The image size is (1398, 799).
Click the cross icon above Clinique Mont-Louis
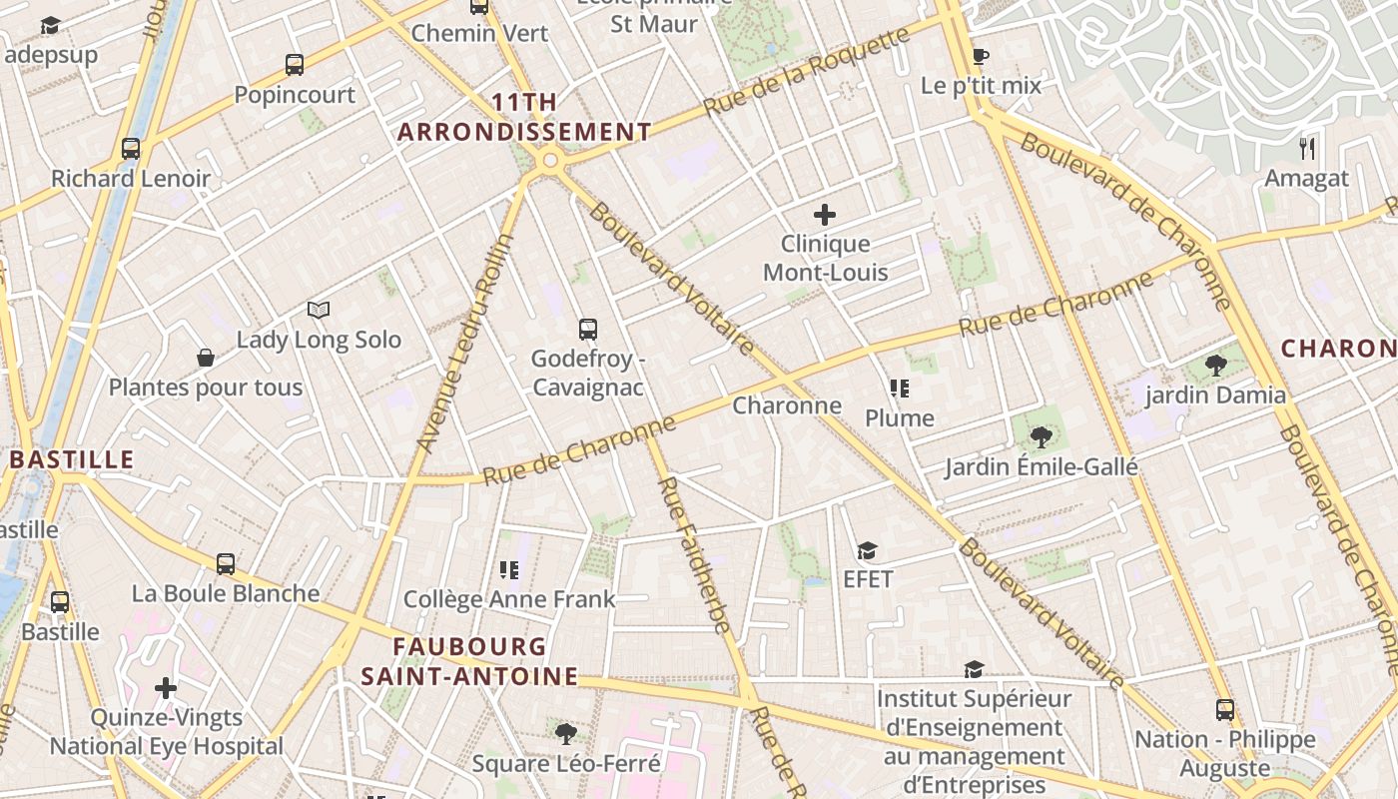(825, 215)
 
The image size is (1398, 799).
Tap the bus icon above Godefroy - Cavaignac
(588, 329)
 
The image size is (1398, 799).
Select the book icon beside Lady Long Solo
(319, 311)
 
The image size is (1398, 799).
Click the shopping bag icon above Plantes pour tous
(206, 358)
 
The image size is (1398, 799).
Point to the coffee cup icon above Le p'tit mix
(980, 56)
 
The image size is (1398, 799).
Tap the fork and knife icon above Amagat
(1306, 149)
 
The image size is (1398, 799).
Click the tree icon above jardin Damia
(1215, 366)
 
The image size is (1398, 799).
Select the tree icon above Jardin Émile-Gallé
(1041, 436)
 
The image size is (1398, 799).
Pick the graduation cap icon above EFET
(867, 550)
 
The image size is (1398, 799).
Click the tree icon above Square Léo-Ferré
(566, 734)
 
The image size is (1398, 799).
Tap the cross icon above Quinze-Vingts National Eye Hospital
(166, 688)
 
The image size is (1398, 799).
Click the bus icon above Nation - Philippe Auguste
(1225, 710)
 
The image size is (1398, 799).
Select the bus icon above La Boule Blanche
(226, 563)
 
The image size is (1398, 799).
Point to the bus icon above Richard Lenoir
(131, 149)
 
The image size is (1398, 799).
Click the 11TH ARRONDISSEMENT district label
(525, 117)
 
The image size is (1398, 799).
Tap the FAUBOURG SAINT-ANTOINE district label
(469, 661)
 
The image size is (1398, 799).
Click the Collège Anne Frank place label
(509, 599)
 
